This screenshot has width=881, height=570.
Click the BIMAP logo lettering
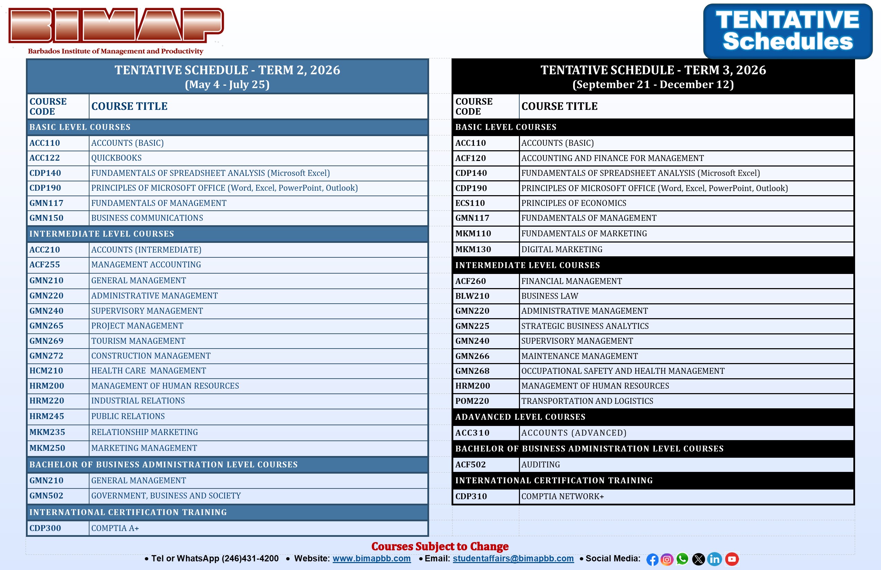(116, 25)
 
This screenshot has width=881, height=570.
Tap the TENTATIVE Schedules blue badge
(787, 31)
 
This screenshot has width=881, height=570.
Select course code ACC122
(45, 158)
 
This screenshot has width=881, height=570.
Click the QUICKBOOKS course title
(116, 158)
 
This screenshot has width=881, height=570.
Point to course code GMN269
(46, 341)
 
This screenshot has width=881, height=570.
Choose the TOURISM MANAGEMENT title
(138, 341)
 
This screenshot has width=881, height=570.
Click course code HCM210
(46, 370)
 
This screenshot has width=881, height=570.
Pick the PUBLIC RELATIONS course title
(128, 416)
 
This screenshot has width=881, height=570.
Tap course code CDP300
(45, 528)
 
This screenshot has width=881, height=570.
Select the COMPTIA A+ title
(115, 528)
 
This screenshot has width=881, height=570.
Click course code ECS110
(470, 203)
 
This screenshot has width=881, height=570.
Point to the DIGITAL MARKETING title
(561, 249)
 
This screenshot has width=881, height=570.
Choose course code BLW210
(472, 296)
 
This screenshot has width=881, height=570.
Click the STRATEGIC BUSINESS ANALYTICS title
(585, 326)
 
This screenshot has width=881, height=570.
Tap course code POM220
(472, 401)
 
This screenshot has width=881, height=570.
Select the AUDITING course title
(540, 465)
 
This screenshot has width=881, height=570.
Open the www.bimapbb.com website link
(371, 559)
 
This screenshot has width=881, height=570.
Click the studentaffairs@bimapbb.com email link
(513, 559)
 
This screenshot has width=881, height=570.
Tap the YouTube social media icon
(731, 559)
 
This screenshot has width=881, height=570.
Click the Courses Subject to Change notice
(440, 547)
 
